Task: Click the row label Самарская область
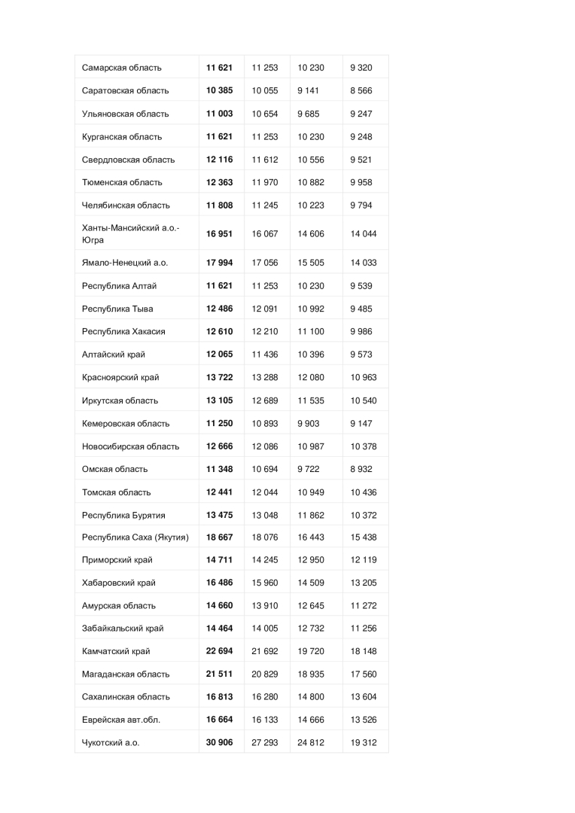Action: click(x=122, y=68)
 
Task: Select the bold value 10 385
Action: click(x=220, y=90)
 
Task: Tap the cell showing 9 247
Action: click(x=361, y=114)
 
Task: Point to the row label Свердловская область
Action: click(x=128, y=160)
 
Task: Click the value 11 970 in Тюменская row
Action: click(x=265, y=182)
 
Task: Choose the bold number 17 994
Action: click(x=220, y=263)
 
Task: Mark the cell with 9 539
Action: click(x=361, y=286)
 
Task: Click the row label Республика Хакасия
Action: click(x=123, y=331)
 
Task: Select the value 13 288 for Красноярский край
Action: click(x=265, y=377)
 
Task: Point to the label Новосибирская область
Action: click(x=130, y=446)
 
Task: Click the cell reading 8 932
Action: click(x=361, y=469)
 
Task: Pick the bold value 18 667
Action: click(x=220, y=537)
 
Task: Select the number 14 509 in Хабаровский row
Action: click(x=312, y=583)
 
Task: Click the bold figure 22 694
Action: click(x=220, y=651)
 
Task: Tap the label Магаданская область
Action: click(x=126, y=674)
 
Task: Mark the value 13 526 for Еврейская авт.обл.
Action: click(x=364, y=720)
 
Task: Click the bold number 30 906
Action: click(x=220, y=742)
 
